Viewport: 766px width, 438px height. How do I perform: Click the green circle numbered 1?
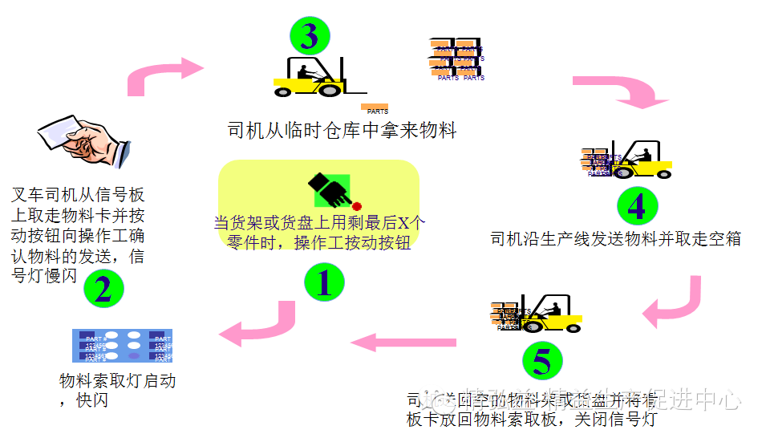point(324,283)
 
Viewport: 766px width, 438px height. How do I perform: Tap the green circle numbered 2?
point(103,289)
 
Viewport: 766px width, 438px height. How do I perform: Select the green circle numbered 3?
point(309,35)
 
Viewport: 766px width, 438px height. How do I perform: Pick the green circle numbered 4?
point(636,207)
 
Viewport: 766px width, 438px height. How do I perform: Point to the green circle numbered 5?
point(541,363)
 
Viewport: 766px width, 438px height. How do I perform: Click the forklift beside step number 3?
point(313,77)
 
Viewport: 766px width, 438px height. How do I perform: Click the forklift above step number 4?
point(642,160)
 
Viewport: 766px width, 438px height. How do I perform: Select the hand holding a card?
point(84,141)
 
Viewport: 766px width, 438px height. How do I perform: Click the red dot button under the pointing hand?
point(356,206)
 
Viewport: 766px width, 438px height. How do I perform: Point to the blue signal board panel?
point(122,346)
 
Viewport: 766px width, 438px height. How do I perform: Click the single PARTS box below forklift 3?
point(375,108)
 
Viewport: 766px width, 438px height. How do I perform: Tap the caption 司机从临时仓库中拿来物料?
point(342,130)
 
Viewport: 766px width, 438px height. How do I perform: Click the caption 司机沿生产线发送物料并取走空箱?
point(615,238)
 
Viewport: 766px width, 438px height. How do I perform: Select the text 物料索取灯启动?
point(117,381)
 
